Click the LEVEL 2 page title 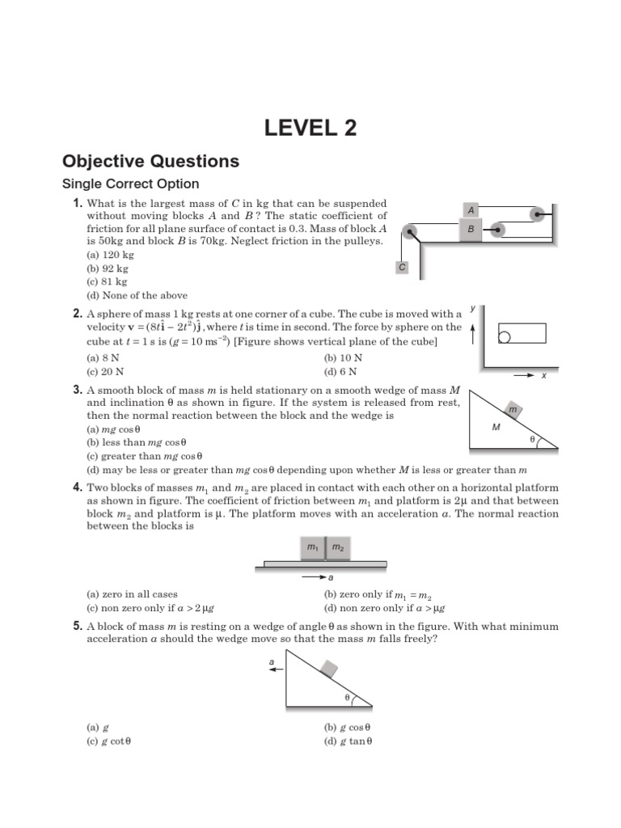(x=310, y=128)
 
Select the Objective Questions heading (x=151, y=161)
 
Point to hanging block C (x=403, y=267)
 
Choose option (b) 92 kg (x=108, y=268)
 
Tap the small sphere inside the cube (x=504, y=336)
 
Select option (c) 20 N (x=105, y=371)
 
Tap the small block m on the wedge (x=513, y=410)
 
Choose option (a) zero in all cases (x=132, y=594)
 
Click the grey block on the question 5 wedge (x=329, y=668)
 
